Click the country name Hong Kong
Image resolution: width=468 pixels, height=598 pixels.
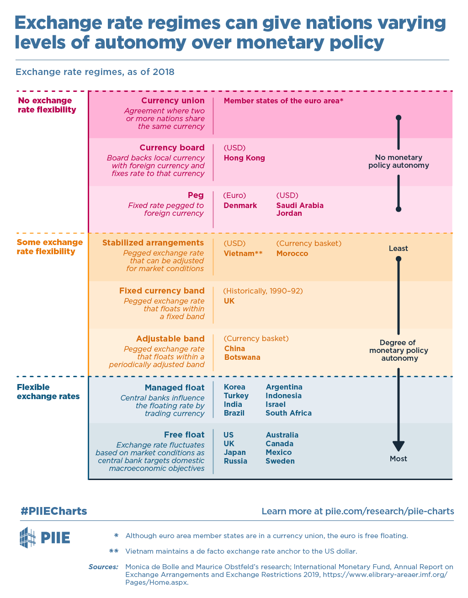244,158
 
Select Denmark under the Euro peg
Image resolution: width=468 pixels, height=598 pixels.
240,205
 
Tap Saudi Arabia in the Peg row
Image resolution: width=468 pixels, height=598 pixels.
300,205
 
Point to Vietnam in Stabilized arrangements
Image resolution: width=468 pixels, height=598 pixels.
239,253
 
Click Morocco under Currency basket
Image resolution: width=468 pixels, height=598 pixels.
292,253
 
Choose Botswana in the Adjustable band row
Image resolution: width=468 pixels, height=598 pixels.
242,357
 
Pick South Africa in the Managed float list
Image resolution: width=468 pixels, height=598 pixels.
288,413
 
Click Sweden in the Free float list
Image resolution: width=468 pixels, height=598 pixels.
280,461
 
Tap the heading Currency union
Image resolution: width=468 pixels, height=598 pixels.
173,101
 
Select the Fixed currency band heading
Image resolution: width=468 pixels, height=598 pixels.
162,291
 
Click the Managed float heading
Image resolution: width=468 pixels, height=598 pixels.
175,388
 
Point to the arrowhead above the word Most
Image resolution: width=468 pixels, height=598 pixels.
398,446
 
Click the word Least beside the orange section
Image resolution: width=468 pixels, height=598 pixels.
398,248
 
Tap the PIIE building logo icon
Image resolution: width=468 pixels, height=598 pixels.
27,537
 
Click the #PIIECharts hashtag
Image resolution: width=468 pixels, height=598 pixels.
54,511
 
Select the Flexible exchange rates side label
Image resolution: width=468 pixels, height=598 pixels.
48,392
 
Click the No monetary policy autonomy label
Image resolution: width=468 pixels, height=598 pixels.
399,161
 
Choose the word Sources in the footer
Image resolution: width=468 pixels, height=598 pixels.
103,566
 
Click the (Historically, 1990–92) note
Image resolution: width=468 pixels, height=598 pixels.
263,291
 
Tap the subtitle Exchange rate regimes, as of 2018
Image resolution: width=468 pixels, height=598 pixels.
95,72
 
